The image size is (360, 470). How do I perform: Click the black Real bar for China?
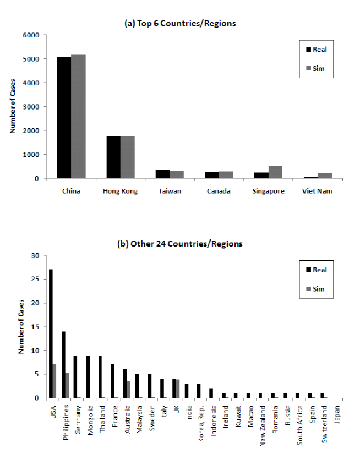point(64,118)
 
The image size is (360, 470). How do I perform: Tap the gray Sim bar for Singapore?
point(275,172)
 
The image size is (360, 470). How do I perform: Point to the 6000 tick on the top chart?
point(31,35)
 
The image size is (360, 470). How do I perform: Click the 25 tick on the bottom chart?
point(36,279)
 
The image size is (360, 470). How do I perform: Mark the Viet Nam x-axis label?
point(318,192)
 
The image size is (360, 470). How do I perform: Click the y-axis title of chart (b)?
point(20,326)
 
